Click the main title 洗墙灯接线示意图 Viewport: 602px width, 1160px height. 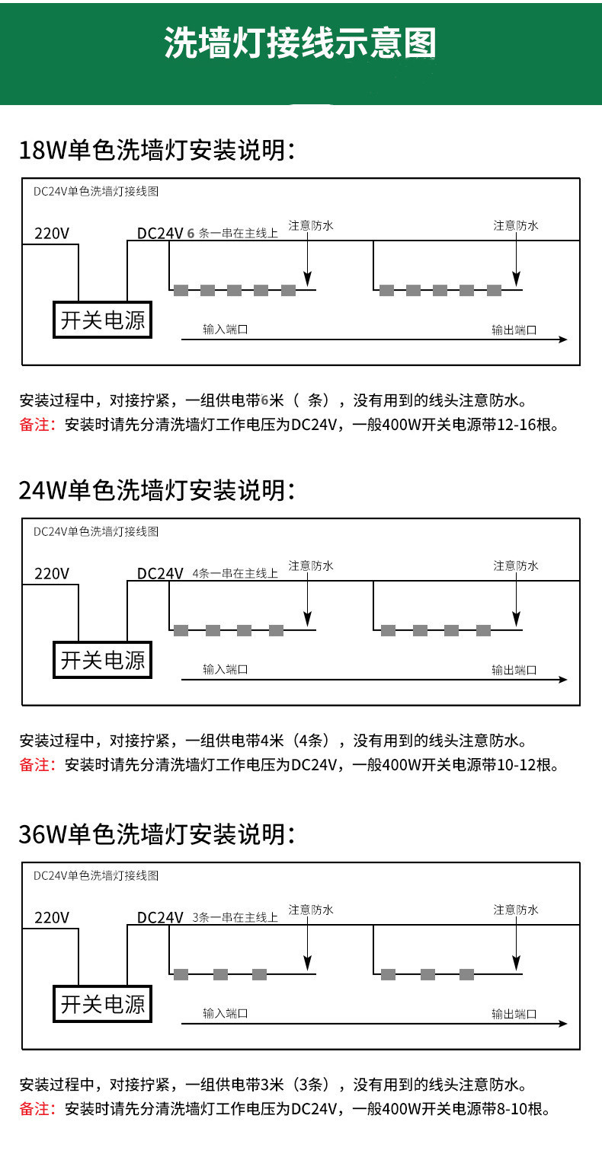coord(300,43)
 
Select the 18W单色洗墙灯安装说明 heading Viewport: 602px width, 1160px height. coord(157,150)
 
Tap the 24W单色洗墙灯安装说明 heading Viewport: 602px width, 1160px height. coord(157,490)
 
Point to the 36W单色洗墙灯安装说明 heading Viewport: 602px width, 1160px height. coord(157,834)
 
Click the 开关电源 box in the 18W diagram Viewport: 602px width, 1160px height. coord(103,320)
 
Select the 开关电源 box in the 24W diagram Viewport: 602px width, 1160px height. coord(103,660)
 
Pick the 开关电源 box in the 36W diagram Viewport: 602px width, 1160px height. coord(103,1004)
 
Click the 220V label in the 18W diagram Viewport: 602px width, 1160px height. coord(52,234)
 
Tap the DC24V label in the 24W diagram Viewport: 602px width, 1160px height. coord(160,574)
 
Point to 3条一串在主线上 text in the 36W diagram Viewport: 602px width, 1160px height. coord(235,918)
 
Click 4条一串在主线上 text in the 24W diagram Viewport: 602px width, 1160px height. coord(235,573)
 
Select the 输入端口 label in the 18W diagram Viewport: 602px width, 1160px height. coord(225,330)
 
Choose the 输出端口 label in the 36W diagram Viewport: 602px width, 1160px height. coord(514,1014)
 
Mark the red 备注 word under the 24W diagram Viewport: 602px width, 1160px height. coord(37,765)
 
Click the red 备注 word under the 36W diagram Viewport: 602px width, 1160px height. coord(37,1109)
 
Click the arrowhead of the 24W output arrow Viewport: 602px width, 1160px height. coord(564,680)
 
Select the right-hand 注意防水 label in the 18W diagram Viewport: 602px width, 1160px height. coord(516,225)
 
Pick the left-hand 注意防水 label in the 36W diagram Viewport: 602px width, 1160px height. coord(311,910)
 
